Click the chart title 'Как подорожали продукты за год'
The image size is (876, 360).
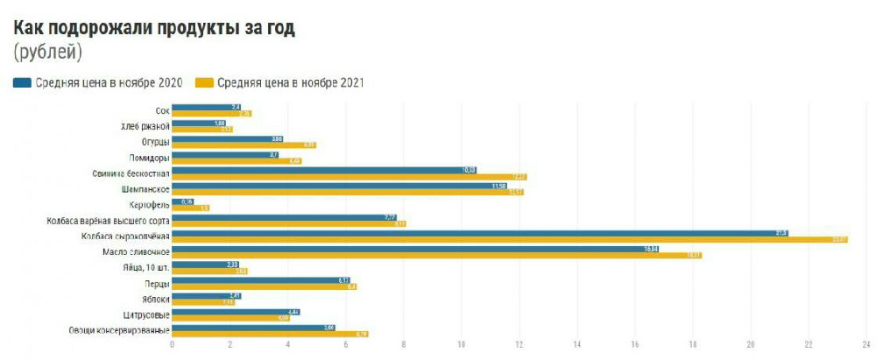pos(154,27)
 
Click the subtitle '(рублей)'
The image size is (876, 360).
pos(48,53)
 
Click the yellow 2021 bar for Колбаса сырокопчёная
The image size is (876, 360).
pos(509,240)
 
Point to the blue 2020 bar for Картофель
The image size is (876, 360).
pos(182,201)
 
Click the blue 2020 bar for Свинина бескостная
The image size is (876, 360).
pos(324,170)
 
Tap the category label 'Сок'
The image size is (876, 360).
pos(161,110)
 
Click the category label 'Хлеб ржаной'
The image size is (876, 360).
pos(145,126)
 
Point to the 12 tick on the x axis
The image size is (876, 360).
pos(519,345)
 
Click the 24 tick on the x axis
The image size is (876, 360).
pos(865,345)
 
